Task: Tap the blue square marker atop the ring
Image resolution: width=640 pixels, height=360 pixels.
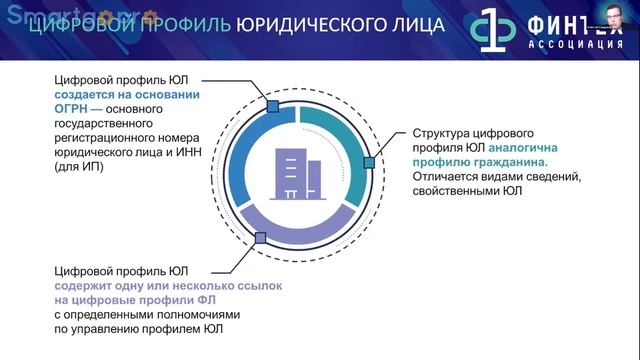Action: tap(272, 105)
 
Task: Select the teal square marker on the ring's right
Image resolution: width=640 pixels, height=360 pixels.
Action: tap(368, 162)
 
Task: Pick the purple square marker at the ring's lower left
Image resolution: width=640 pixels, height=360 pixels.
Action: tap(260, 238)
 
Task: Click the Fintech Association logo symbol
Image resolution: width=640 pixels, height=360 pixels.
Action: tap(495, 30)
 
